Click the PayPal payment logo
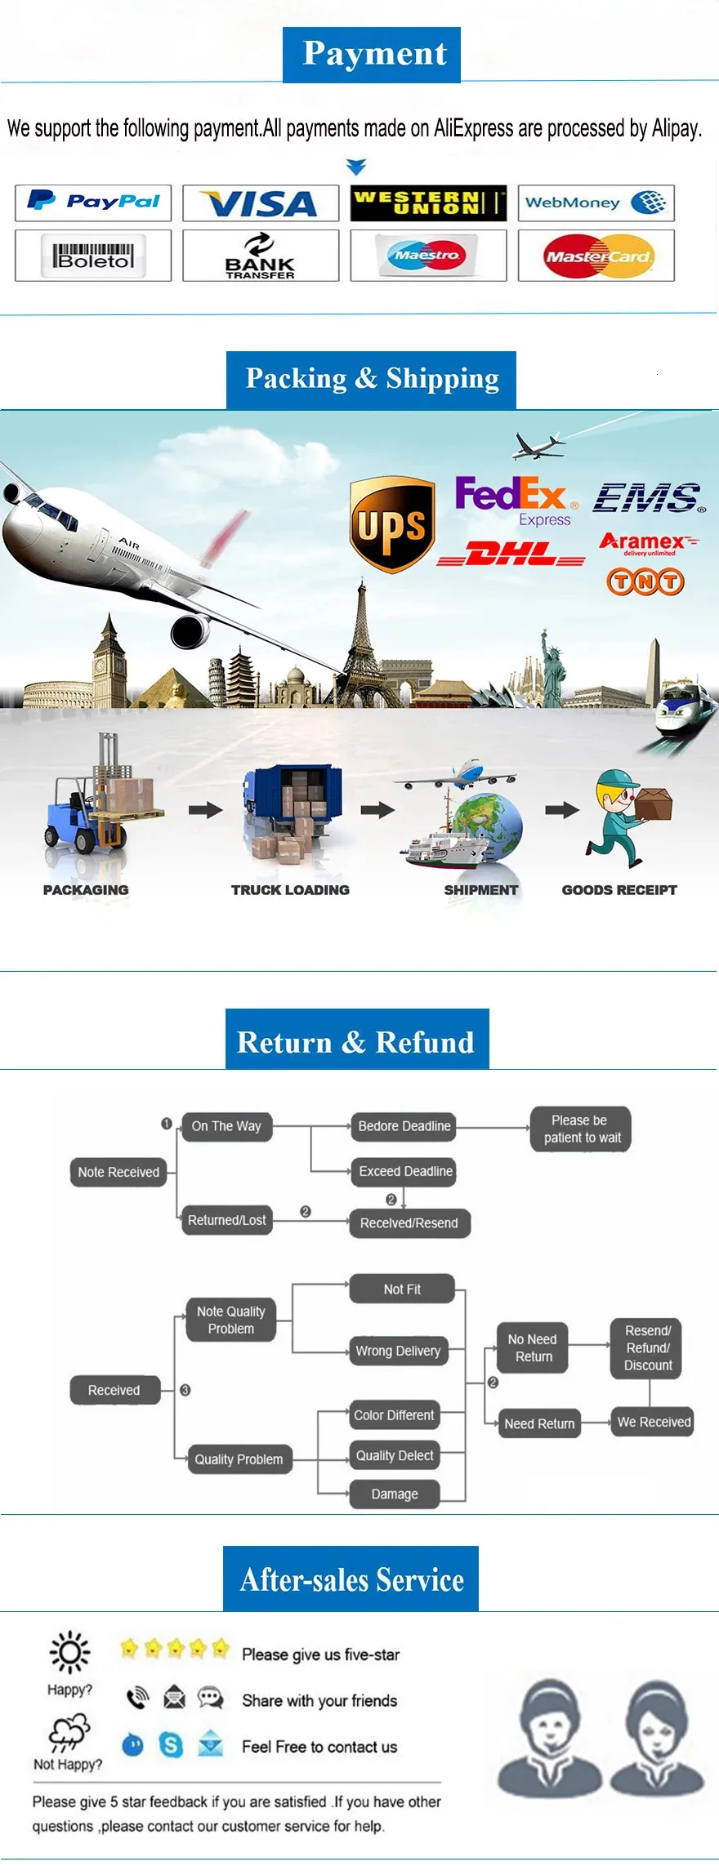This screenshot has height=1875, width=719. (x=93, y=203)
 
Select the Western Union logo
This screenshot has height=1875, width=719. (x=428, y=203)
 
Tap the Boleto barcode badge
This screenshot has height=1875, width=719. (x=93, y=256)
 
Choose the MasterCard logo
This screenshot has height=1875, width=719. (x=596, y=256)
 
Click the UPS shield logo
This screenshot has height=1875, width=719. (x=392, y=524)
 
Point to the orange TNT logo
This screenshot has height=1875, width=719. (x=645, y=581)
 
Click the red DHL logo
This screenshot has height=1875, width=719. (x=511, y=555)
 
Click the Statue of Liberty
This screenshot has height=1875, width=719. (x=552, y=661)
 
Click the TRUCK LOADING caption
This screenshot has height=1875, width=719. (x=290, y=890)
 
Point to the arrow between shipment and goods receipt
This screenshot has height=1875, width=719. (x=562, y=810)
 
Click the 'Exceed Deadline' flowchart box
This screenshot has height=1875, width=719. (x=405, y=1171)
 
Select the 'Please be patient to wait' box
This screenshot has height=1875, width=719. (x=582, y=1129)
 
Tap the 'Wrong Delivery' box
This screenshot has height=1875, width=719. (x=398, y=1351)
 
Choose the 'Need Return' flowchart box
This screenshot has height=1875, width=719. (x=539, y=1423)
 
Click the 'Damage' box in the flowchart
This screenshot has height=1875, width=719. (x=395, y=1494)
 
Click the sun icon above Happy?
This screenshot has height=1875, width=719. (x=69, y=1652)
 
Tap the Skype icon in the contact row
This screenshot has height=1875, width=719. (x=171, y=1745)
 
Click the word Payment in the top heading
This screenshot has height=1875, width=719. (x=375, y=54)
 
